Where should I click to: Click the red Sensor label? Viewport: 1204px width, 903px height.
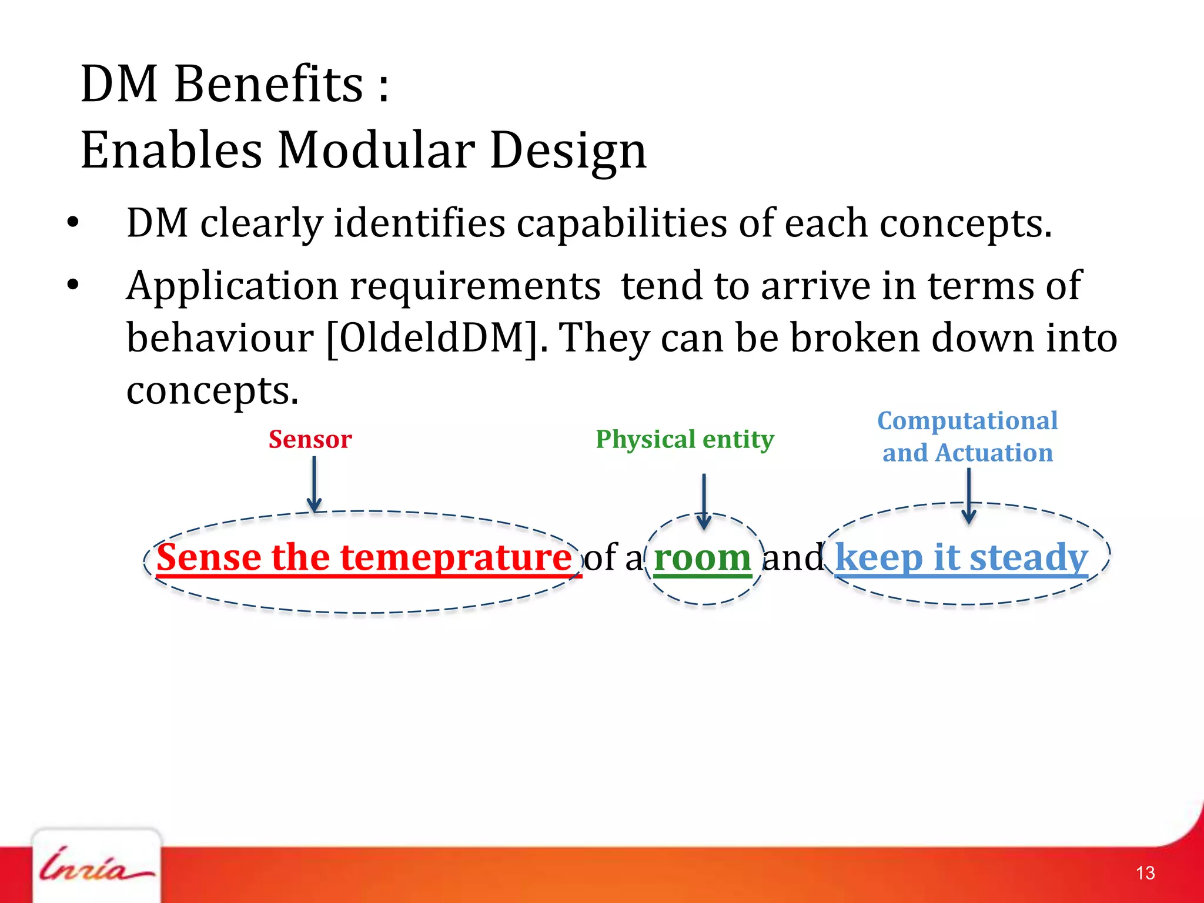pos(310,440)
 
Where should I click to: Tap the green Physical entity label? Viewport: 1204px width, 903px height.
pos(684,440)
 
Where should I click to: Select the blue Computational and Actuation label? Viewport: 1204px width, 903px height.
pos(967,437)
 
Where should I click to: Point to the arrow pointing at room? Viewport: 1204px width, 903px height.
pos(704,500)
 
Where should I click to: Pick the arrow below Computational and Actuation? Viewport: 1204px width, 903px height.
pos(969,495)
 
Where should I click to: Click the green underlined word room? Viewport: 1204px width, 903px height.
pos(702,558)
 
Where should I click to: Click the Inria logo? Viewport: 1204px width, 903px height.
pos(96,867)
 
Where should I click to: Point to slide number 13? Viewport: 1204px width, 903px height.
pos(1145,873)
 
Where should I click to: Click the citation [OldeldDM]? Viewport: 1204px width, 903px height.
pos(432,338)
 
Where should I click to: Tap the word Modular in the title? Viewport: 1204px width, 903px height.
pos(376,150)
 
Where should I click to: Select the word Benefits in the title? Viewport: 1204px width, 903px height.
pos(269,84)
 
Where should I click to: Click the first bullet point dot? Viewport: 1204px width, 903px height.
pos(73,223)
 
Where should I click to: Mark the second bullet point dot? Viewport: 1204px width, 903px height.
pos(73,285)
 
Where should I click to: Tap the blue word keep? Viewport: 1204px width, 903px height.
pos(879,558)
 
